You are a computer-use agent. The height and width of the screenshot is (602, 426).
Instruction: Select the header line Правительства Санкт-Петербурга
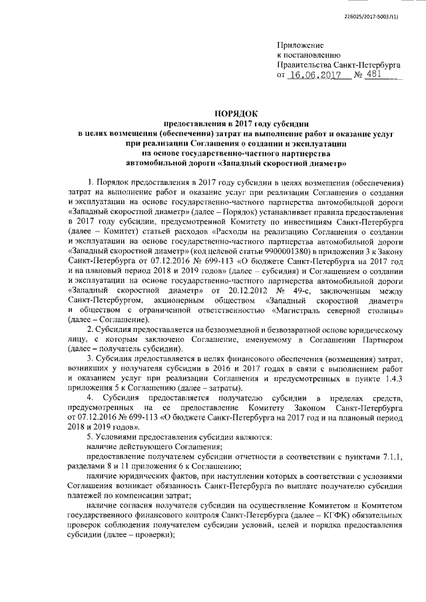(x=338, y=65)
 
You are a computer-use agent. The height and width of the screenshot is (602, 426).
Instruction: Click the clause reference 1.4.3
(x=392, y=378)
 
